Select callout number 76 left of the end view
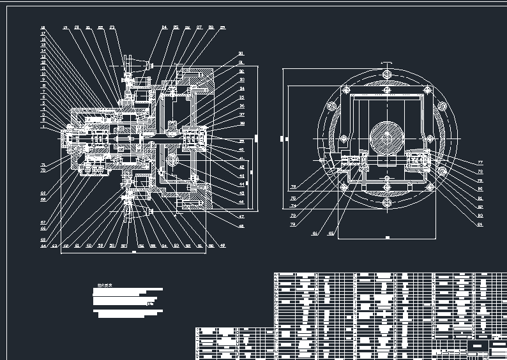click(294, 186)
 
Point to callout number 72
click(294, 225)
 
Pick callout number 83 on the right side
click(480, 216)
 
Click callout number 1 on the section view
click(43, 127)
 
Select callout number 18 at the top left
click(43, 28)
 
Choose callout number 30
click(241, 54)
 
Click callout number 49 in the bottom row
click(222, 245)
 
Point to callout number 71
click(43, 165)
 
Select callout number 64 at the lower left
click(43, 245)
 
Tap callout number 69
click(43, 193)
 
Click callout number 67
click(43, 222)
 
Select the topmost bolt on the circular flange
click(386, 75)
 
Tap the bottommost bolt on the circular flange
click(386, 202)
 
